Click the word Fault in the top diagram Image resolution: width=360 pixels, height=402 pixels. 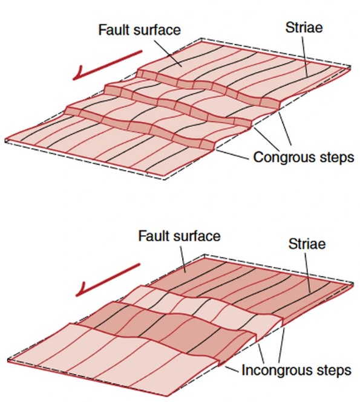point(114,30)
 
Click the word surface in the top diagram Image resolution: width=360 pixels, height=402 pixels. point(157,30)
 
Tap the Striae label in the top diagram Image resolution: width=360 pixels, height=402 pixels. point(304,27)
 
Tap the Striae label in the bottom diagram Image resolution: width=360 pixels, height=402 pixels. point(307,244)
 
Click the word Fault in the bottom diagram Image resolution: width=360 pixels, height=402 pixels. point(154,236)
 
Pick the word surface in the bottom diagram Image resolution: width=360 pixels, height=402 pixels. point(197,236)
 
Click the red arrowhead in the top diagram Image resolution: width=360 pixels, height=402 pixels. point(78,74)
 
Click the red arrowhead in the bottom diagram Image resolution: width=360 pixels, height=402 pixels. point(82,290)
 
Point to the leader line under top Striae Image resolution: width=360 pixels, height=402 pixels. point(305,56)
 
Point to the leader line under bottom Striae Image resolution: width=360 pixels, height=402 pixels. point(307,273)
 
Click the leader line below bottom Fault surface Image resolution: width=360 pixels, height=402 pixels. point(183,259)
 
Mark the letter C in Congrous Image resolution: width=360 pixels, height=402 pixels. point(258,157)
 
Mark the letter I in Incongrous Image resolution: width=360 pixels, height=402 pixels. point(244,370)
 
